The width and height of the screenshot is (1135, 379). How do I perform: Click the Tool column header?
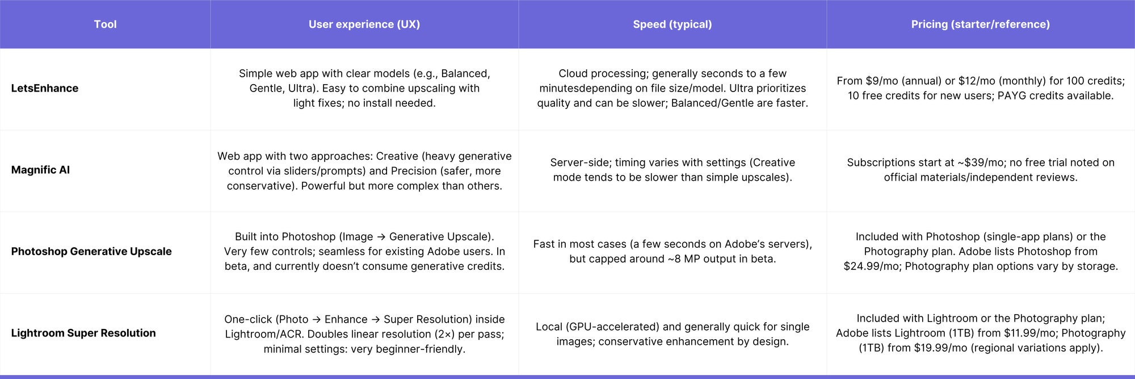[x=105, y=24]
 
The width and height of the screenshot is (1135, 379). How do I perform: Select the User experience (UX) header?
[x=364, y=24]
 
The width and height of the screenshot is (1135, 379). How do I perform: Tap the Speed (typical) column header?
[x=672, y=24]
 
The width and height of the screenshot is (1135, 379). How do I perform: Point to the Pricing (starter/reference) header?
[x=981, y=24]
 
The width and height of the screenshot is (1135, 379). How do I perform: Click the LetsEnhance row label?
[x=45, y=88]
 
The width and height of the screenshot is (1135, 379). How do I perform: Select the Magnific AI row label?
[x=40, y=170]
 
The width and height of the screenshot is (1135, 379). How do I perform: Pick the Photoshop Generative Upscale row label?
[x=91, y=251]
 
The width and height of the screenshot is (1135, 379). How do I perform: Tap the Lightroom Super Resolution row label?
[x=83, y=333]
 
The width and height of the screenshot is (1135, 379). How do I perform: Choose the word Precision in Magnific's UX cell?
[x=414, y=170]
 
